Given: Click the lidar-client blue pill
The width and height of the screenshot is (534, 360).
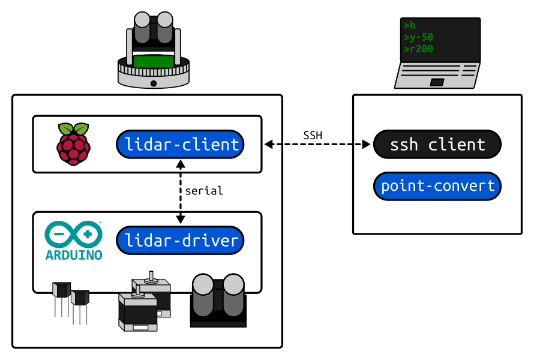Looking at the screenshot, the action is pyautogui.click(x=180, y=145).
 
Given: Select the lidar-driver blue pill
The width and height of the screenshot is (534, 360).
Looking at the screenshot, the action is pyautogui.click(x=180, y=241).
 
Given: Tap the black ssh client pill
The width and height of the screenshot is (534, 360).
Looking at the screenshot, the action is pyautogui.click(x=437, y=145).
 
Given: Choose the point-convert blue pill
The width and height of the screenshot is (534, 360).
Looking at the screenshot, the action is pyautogui.click(x=437, y=186).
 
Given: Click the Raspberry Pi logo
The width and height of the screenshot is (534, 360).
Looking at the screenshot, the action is pyautogui.click(x=74, y=145).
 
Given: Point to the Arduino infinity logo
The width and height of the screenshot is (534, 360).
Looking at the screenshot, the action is pyautogui.click(x=74, y=234).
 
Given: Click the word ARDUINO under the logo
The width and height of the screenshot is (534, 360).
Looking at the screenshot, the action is pyautogui.click(x=74, y=255).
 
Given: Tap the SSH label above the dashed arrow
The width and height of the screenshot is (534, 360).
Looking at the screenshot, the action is pyautogui.click(x=313, y=136).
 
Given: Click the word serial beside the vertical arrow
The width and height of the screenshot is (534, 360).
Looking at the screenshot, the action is pyautogui.click(x=204, y=191).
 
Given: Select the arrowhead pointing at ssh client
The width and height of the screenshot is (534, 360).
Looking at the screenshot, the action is pyautogui.click(x=367, y=145).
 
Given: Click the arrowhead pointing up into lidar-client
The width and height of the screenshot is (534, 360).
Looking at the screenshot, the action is pyautogui.click(x=181, y=164).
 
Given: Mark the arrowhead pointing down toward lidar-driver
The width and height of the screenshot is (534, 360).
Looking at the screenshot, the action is pyautogui.click(x=181, y=219).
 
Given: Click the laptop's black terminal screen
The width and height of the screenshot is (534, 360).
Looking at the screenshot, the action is pyautogui.click(x=440, y=40).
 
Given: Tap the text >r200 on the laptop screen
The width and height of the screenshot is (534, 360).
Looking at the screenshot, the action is pyautogui.click(x=419, y=49).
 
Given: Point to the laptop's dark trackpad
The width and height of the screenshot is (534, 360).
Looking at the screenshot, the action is pyautogui.click(x=437, y=82).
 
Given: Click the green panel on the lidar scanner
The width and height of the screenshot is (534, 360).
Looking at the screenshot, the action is pyautogui.click(x=153, y=62).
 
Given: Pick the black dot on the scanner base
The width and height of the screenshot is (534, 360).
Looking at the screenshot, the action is pyautogui.click(x=154, y=83).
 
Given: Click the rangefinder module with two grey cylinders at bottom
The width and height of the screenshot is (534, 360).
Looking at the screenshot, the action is pyautogui.click(x=218, y=301).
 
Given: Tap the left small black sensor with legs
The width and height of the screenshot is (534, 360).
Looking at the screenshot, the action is pyautogui.click(x=62, y=299).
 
